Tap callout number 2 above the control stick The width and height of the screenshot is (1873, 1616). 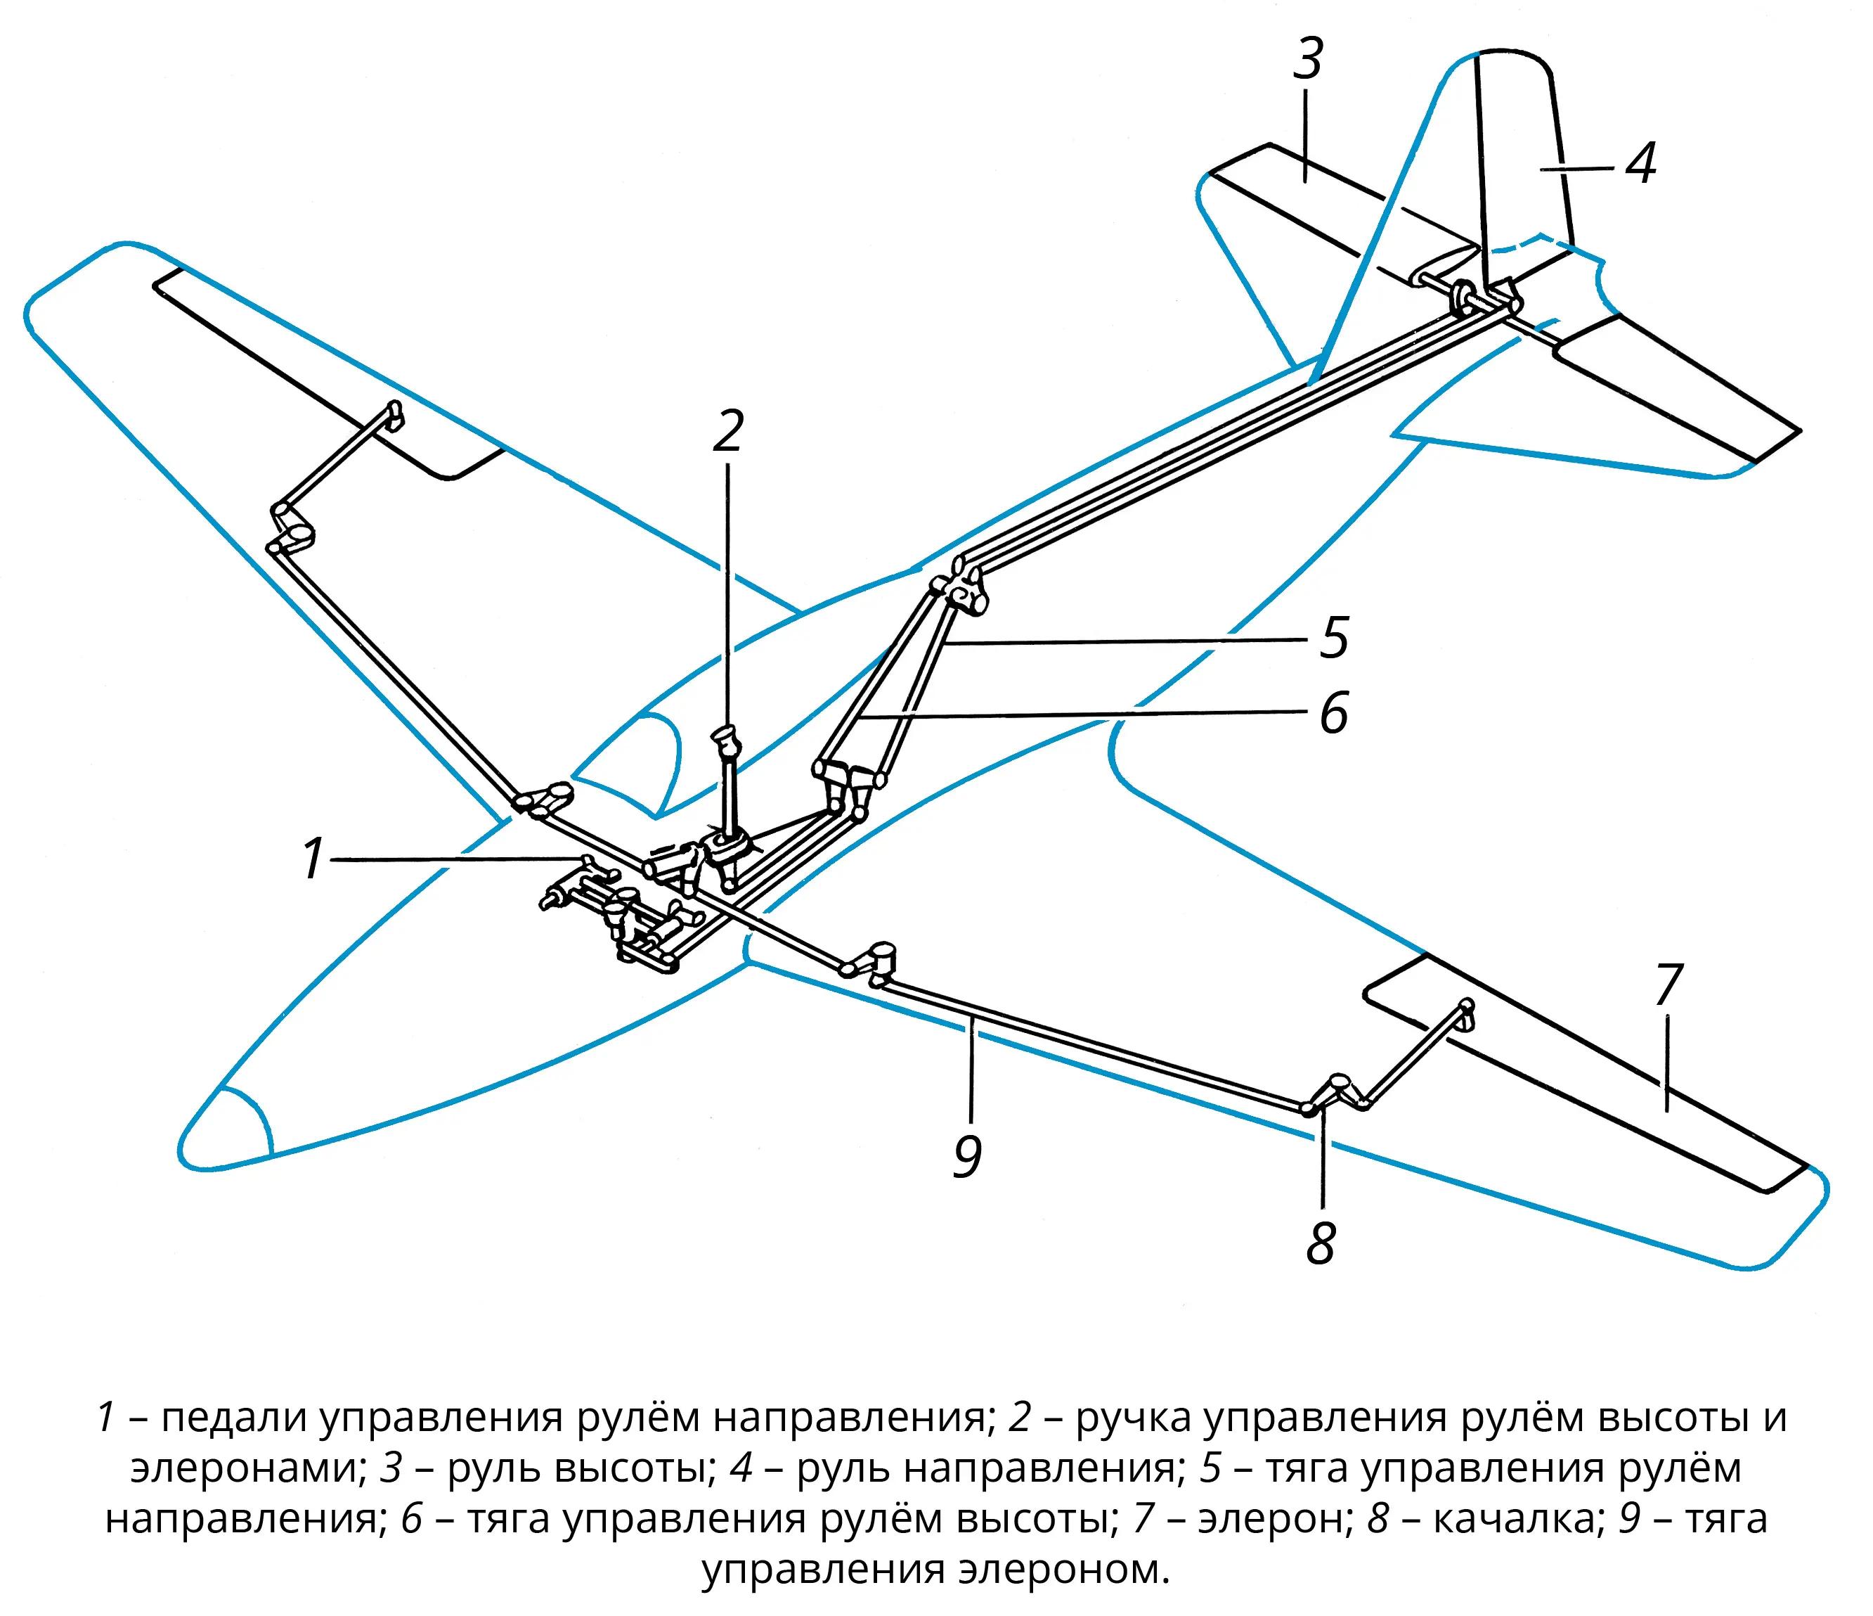[x=727, y=430]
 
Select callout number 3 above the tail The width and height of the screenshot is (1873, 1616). [x=1308, y=59]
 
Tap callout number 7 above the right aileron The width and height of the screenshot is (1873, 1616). [x=1668, y=986]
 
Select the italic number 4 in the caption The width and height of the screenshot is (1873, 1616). [x=741, y=1468]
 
